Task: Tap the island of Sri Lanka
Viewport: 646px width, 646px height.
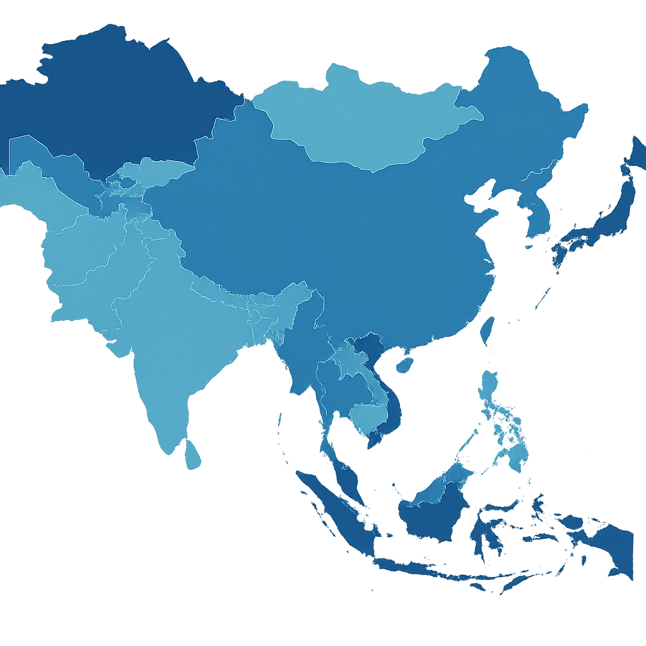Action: pyautogui.click(x=193, y=455)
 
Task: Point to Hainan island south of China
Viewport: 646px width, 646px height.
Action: pyautogui.click(x=404, y=365)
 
